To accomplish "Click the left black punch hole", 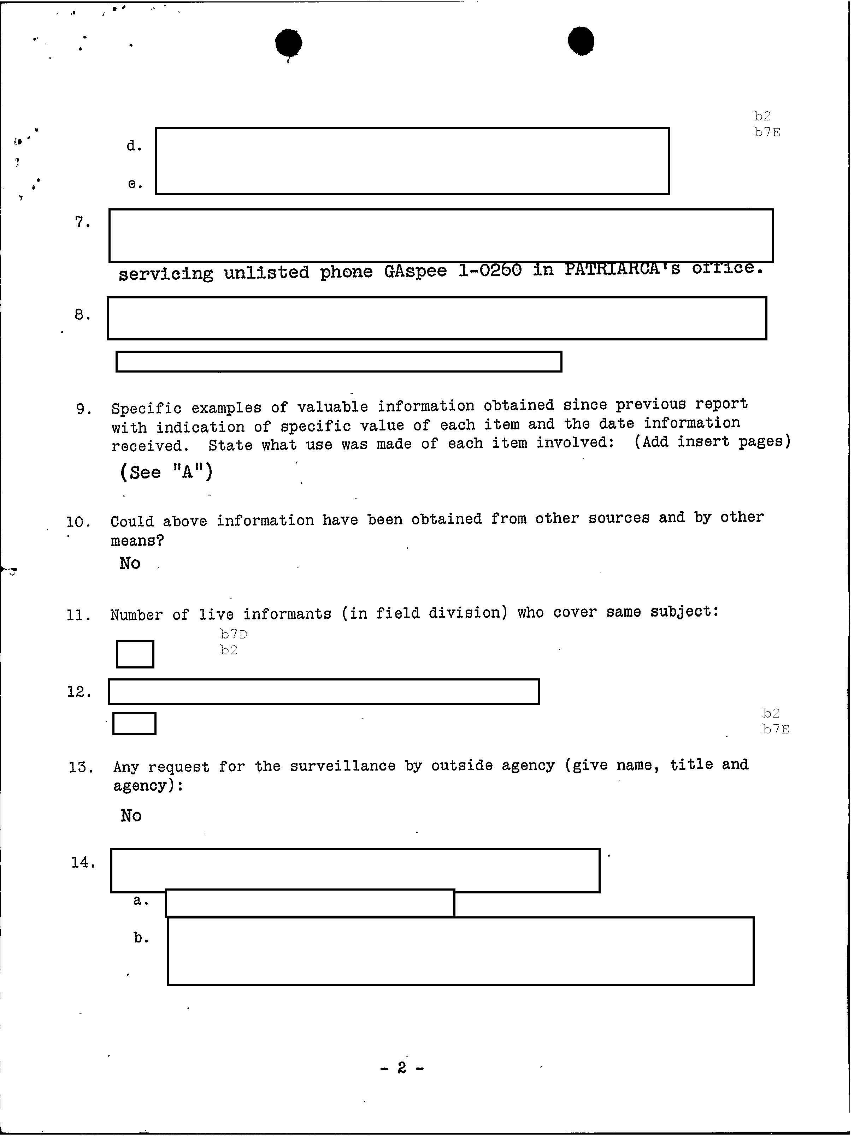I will [x=288, y=43].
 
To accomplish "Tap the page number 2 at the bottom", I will [x=402, y=1068].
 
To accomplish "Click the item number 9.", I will [x=84, y=409].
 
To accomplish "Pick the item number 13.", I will [x=81, y=768].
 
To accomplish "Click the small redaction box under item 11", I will [x=135, y=654].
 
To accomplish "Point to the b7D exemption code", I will [x=233, y=634].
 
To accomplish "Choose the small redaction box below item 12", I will [x=134, y=724].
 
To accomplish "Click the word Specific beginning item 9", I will [x=146, y=408].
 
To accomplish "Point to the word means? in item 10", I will [x=137, y=541].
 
